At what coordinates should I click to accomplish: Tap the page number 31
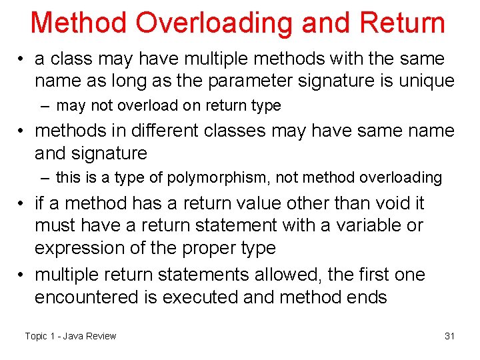(449, 336)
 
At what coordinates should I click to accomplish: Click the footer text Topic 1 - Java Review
(70, 336)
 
